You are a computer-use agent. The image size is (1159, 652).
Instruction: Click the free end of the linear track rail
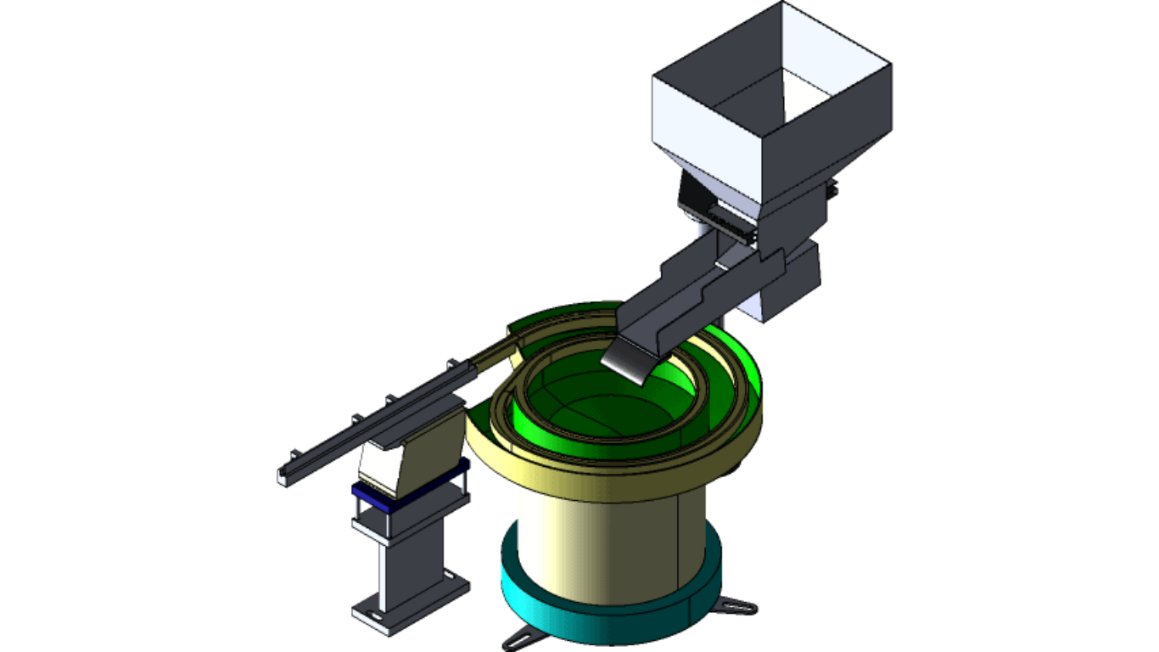pos(283,477)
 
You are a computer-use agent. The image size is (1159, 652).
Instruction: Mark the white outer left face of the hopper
pos(704,127)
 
